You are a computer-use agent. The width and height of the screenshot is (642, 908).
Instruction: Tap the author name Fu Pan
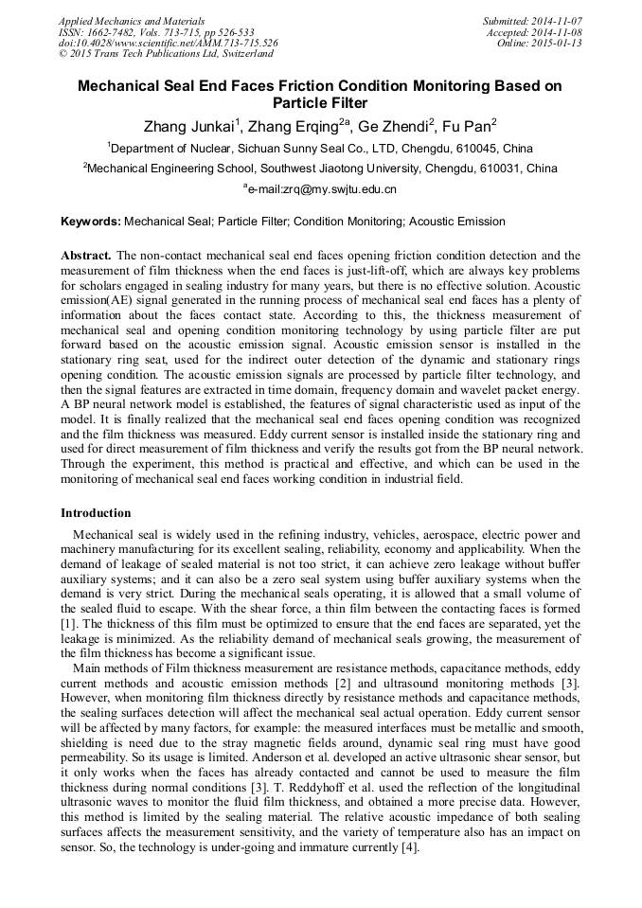point(465,126)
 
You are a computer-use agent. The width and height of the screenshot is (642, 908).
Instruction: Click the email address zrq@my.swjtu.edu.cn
point(324,189)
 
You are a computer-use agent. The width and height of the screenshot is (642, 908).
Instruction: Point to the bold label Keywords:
point(91,222)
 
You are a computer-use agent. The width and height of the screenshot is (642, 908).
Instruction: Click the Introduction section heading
point(96,513)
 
